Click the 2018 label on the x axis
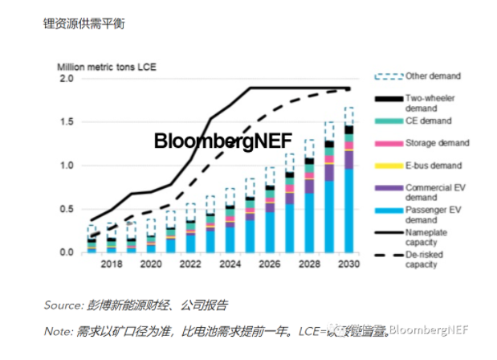pos(112,264)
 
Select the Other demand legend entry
pos(429,76)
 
